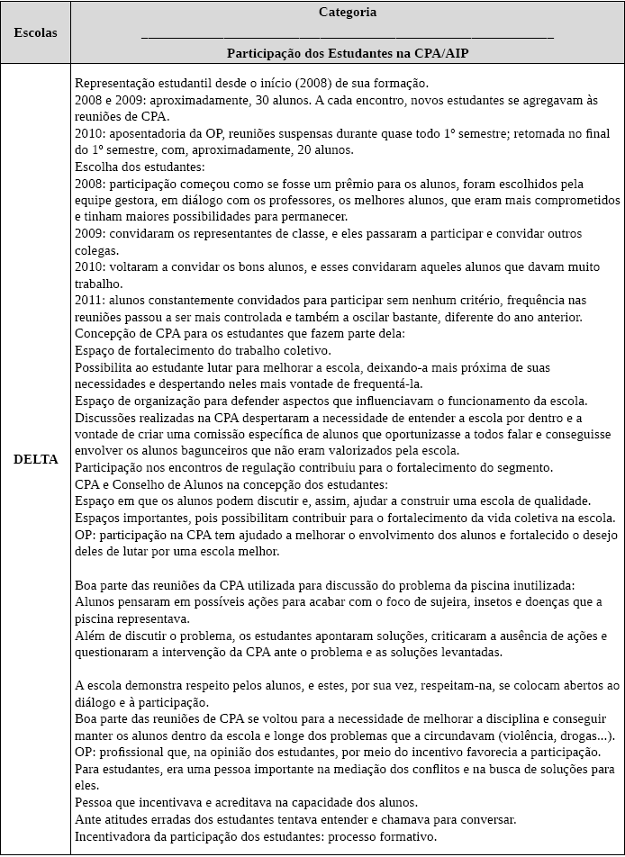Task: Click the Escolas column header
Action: point(36,32)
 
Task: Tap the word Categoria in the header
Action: point(348,13)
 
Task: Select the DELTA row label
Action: point(36,459)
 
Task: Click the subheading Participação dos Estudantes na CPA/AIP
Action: point(348,53)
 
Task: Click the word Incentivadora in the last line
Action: point(115,835)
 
